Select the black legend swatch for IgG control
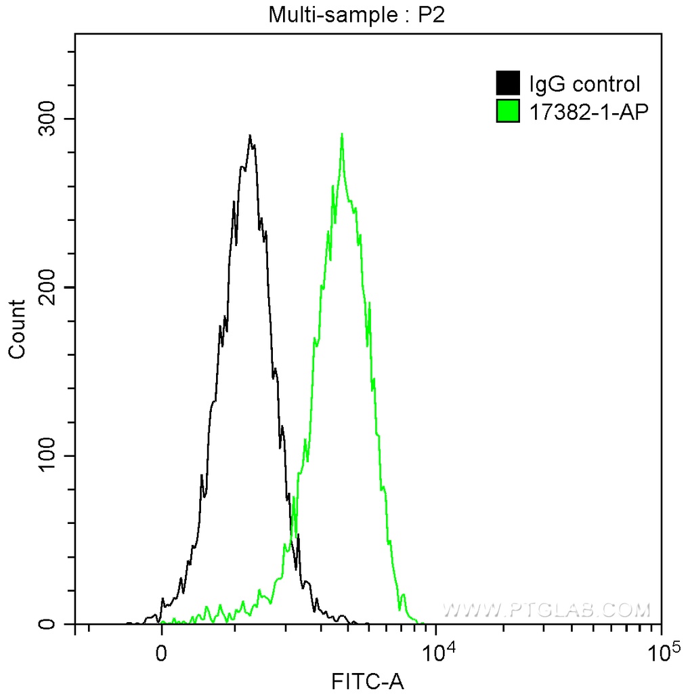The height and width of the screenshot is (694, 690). pyautogui.click(x=508, y=84)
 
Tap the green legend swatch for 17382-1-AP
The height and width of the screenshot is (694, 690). pyautogui.click(x=508, y=111)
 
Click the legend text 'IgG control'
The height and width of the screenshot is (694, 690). pyautogui.click(x=584, y=85)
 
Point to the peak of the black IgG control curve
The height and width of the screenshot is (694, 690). pyautogui.click(x=250, y=136)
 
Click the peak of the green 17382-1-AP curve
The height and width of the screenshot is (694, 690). pyautogui.click(x=342, y=134)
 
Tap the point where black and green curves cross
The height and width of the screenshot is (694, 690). pyautogui.click(x=293, y=532)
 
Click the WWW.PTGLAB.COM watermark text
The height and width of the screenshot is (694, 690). pyautogui.click(x=546, y=610)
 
